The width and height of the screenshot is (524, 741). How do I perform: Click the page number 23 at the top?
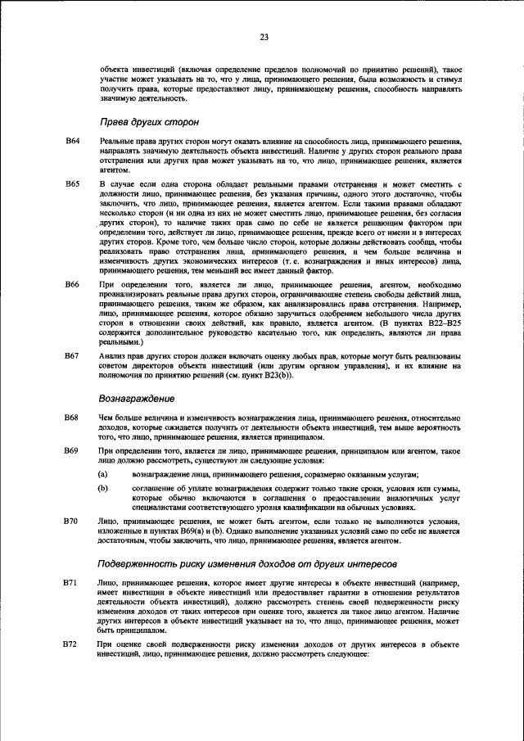pyautogui.click(x=264, y=36)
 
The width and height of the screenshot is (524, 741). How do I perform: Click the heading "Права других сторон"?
pyautogui.click(x=149, y=121)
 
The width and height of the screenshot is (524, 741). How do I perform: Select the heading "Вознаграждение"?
pyautogui.click(x=136, y=398)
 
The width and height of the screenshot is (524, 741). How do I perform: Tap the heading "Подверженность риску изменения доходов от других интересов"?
pyautogui.click(x=247, y=564)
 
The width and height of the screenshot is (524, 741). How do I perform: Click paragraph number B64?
pyautogui.click(x=72, y=142)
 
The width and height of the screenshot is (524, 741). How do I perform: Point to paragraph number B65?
pyautogui.click(x=72, y=185)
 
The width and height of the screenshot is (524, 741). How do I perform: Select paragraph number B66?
pyautogui.click(x=72, y=283)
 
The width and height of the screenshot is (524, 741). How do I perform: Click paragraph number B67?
pyautogui.click(x=72, y=356)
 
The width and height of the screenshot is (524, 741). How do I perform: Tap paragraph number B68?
pyautogui.click(x=72, y=418)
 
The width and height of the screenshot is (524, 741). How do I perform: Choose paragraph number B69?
pyautogui.click(x=72, y=451)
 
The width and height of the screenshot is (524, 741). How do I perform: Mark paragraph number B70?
pyautogui.click(x=72, y=521)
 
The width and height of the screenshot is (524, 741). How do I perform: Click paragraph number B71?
pyautogui.click(x=72, y=581)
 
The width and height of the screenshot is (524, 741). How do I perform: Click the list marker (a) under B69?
pyautogui.click(x=103, y=475)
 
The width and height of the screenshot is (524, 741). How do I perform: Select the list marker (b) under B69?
pyautogui.click(x=103, y=488)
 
